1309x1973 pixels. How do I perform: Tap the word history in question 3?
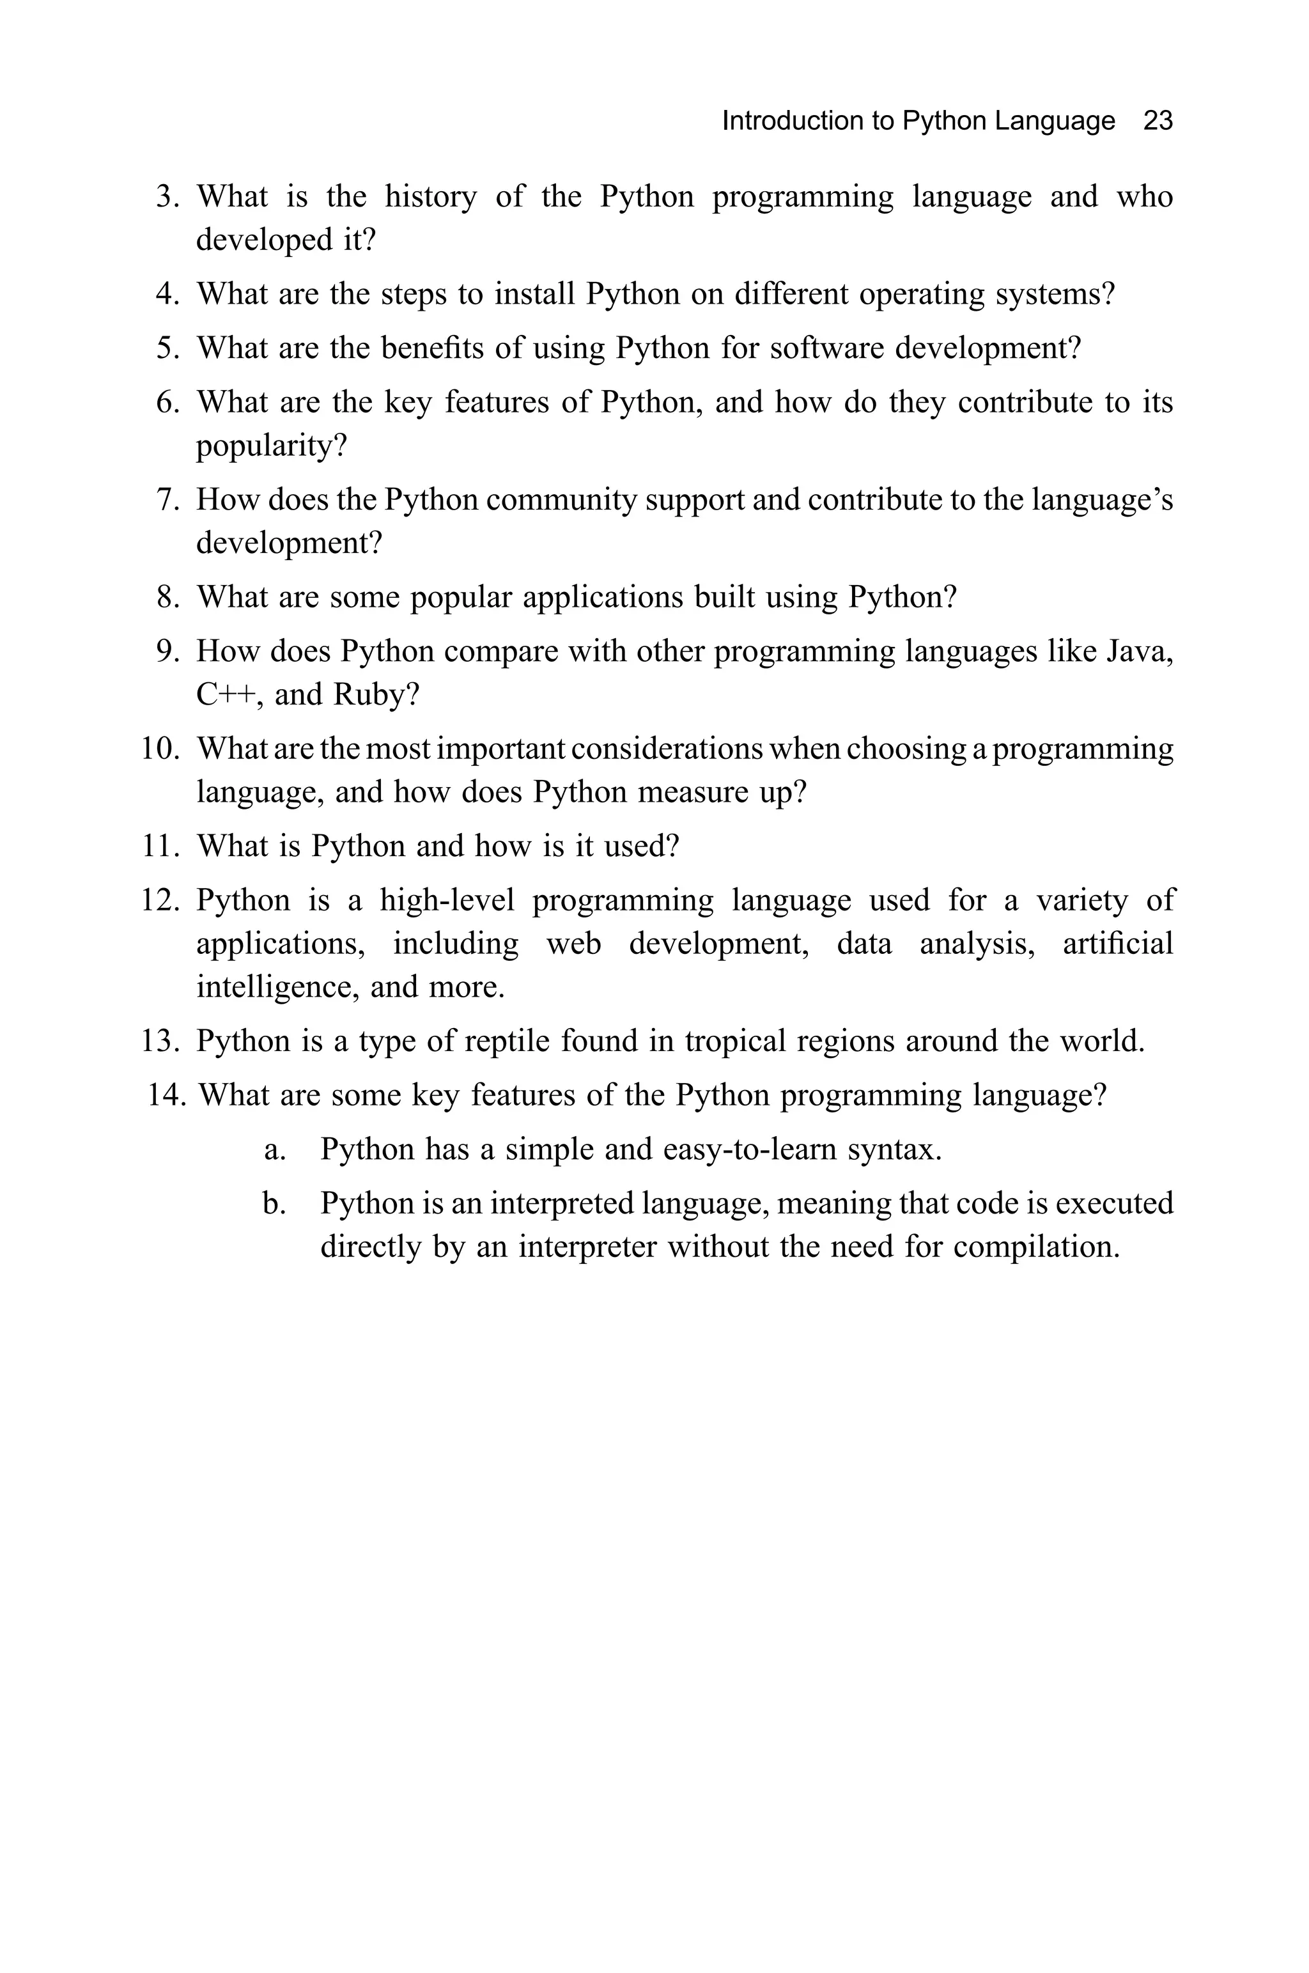click(x=430, y=197)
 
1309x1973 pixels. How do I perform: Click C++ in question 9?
click(x=226, y=695)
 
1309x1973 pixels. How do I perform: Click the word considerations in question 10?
click(x=666, y=749)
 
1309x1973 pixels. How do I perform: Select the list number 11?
click(x=160, y=846)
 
